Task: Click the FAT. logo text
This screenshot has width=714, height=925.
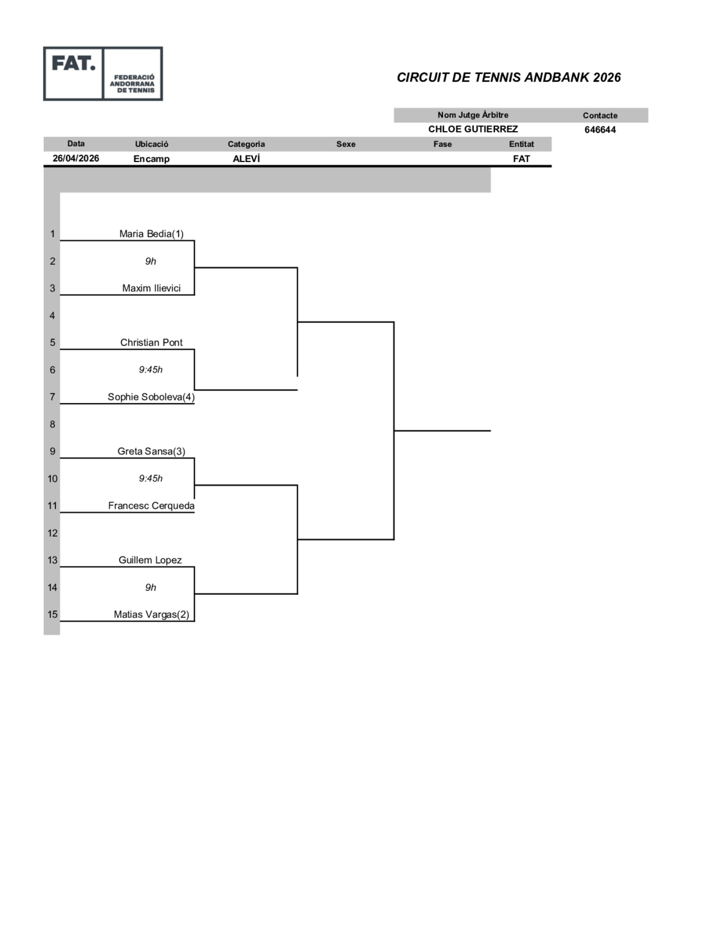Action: click(73, 64)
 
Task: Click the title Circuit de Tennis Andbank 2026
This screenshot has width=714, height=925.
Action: click(508, 77)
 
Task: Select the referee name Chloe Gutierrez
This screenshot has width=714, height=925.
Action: click(473, 129)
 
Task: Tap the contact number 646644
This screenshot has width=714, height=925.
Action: click(600, 130)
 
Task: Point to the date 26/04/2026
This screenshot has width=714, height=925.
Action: click(75, 158)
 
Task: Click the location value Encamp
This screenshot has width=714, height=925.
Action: click(151, 159)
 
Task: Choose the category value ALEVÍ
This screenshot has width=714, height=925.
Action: click(246, 158)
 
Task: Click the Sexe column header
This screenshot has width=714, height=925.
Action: click(346, 144)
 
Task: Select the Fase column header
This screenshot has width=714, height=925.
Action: click(442, 144)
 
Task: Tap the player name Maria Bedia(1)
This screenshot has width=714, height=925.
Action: click(151, 234)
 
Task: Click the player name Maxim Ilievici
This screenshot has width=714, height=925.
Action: click(151, 288)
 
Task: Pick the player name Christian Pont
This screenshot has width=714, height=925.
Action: click(151, 343)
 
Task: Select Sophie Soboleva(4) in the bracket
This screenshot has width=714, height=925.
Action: click(151, 397)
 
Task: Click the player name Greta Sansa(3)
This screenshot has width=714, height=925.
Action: click(151, 451)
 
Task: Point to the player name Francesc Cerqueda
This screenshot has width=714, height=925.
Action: click(151, 506)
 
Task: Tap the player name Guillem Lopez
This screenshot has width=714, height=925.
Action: click(150, 560)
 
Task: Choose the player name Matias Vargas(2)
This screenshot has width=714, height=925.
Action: click(151, 615)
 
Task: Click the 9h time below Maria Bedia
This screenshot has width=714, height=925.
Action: click(151, 261)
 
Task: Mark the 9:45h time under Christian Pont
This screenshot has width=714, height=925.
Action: click(151, 370)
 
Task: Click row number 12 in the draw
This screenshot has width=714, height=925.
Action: click(52, 533)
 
